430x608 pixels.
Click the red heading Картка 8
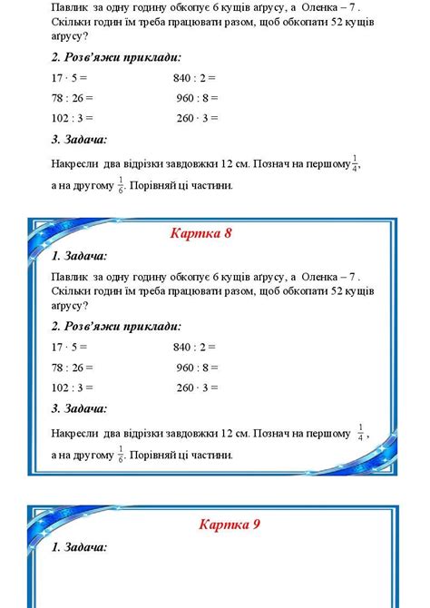click(201, 233)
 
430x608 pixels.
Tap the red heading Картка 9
click(230, 524)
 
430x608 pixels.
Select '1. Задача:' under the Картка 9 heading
click(80, 547)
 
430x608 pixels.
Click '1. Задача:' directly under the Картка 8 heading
click(80, 256)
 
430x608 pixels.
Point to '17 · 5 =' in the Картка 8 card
click(70, 347)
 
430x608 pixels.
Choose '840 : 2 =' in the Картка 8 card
click(194, 347)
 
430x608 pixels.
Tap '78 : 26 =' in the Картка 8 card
click(73, 368)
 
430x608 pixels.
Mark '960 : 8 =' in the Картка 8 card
click(197, 368)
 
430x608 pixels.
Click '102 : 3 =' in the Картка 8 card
click(73, 388)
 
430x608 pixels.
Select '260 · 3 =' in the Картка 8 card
click(197, 388)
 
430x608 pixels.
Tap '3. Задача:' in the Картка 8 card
click(80, 409)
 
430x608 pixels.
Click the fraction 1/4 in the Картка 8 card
click(361, 431)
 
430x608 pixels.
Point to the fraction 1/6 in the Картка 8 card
click(121, 453)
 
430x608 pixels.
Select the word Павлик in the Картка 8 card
click(70, 276)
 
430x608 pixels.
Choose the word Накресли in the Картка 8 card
click(75, 433)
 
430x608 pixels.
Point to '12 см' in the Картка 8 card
click(234, 433)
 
